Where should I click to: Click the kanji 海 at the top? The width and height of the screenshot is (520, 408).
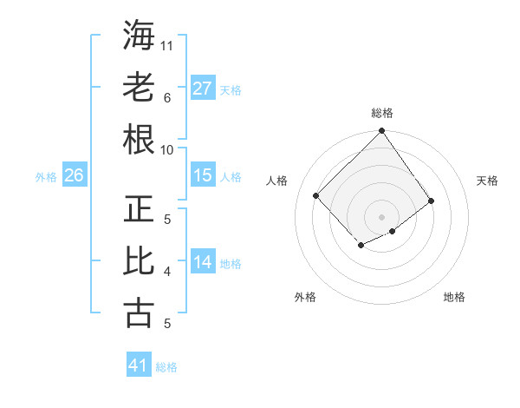pyautogui.click(x=139, y=35)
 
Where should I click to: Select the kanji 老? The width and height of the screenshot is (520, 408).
pyautogui.click(x=139, y=87)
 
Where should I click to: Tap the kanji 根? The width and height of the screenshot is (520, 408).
pyautogui.click(x=139, y=139)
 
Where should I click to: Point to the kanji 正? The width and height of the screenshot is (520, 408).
pyautogui.click(x=139, y=208)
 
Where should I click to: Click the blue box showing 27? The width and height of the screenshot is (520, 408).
pyautogui.click(x=203, y=88)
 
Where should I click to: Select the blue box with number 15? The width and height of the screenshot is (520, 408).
pyautogui.click(x=203, y=174)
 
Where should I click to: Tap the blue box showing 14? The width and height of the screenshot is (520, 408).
pyautogui.click(x=203, y=260)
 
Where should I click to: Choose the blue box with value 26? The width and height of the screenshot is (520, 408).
pyautogui.click(x=75, y=174)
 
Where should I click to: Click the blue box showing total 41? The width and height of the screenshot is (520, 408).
pyautogui.click(x=139, y=364)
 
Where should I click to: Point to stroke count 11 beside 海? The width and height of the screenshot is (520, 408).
pyautogui.click(x=166, y=46)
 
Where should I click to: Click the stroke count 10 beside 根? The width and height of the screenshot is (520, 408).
pyautogui.click(x=166, y=150)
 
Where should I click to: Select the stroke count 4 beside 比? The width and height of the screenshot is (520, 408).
pyautogui.click(x=167, y=272)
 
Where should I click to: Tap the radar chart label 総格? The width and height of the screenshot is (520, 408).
pyautogui.click(x=382, y=113)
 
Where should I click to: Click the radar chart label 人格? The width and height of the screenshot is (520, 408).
pyautogui.click(x=276, y=181)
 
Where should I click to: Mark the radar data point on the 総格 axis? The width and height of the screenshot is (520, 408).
pyautogui.click(x=382, y=130)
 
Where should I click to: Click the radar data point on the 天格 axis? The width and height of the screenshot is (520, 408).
pyautogui.click(x=431, y=201)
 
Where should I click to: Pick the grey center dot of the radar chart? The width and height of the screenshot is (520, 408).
pyautogui.click(x=381, y=217)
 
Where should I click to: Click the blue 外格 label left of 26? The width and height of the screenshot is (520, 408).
pyautogui.click(x=46, y=177)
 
